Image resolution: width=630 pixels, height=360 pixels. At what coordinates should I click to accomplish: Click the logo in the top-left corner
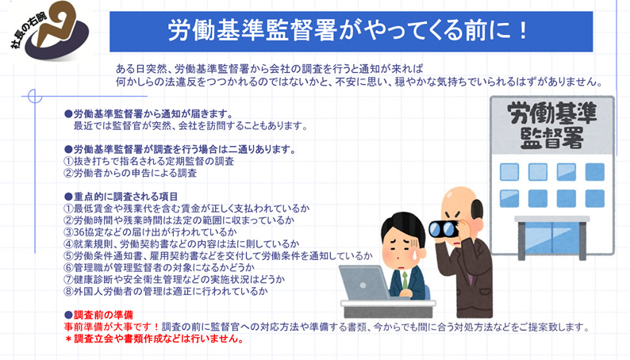click(x=50, y=30)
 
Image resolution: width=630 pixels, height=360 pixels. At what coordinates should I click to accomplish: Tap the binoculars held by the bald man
click(x=444, y=228)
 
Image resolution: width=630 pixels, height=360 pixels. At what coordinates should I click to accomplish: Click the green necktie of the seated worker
click(x=405, y=280)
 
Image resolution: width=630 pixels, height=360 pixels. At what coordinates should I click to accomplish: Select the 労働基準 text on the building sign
click(x=552, y=113)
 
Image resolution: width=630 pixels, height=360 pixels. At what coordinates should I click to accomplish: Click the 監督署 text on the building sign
click(x=552, y=139)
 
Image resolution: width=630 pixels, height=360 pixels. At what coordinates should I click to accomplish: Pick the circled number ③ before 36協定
click(x=68, y=232)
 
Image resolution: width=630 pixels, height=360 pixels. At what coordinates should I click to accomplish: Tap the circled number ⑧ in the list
click(x=68, y=291)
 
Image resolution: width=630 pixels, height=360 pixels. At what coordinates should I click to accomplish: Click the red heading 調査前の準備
click(x=103, y=315)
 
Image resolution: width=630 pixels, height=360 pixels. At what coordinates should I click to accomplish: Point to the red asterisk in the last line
click(x=68, y=339)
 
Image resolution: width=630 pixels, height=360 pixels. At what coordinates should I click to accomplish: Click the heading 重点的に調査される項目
click(x=125, y=197)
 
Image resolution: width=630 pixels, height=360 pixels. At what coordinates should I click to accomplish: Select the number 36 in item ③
click(x=79, y=232)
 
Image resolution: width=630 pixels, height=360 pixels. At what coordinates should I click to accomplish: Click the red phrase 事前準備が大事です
click(x=108, y=327)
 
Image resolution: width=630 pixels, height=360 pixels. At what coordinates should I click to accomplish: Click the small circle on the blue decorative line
click(x=35, y=96)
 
